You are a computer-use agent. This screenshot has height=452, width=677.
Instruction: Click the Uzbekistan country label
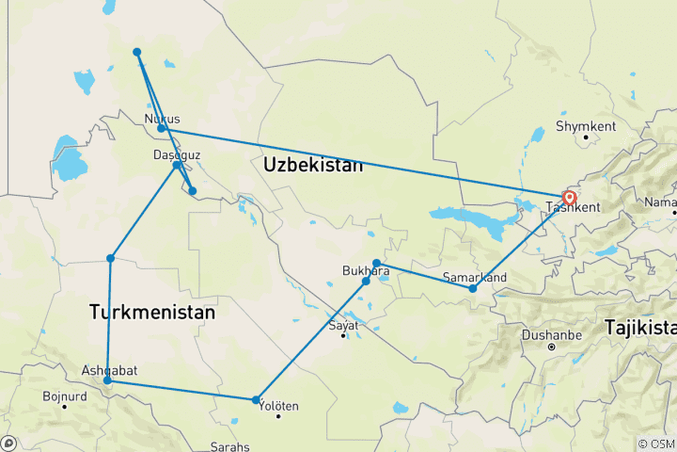(x=312, y=165)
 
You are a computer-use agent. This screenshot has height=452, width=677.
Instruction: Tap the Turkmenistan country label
(x=152, y=311)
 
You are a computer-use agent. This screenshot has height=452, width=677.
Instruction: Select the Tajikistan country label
(x=640, y=328)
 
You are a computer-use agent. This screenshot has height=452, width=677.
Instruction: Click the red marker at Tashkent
(x=569, y=198)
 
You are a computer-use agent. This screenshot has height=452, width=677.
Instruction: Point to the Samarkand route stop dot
(x=473, y=288)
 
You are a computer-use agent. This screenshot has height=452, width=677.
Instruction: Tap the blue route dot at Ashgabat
(x=108, y=380)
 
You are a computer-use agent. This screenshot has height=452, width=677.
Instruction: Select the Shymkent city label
(x=585, y=125)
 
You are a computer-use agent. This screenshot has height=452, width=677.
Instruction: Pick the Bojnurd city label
(x=65, y=395)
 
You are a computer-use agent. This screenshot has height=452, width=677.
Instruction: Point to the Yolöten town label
(x=277, y=406)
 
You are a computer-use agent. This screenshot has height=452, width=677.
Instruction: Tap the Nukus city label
(x=162, y=119)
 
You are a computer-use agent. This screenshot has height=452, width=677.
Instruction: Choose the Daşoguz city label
(x=176, y=154)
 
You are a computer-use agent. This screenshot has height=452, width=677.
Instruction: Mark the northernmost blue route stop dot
(x=137, y=52)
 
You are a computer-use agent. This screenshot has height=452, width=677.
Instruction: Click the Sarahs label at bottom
(x=230, y=445)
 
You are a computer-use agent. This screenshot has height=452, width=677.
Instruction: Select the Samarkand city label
(x=475, y=277)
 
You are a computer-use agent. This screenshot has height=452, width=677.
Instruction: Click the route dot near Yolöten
(x=257, y=400)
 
